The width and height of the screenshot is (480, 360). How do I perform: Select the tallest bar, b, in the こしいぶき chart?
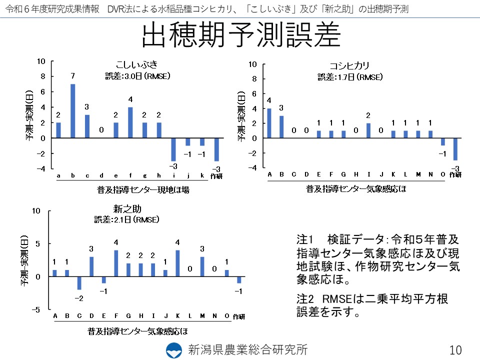point(72,111)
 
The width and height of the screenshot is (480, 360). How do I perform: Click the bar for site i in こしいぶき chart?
point(173,149)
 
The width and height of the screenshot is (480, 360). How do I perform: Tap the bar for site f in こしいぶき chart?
point(130,122)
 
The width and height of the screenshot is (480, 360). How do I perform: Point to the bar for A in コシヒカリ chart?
point(269,123)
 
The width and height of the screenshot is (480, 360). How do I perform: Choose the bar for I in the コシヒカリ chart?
point(368,130)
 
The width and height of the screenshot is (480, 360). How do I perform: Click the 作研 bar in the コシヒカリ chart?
point(455,149)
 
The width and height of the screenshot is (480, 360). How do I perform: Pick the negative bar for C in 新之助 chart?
point(79,282)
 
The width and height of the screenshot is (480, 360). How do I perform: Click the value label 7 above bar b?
point(72,76)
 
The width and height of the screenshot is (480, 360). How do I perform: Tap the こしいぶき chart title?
point(136,64)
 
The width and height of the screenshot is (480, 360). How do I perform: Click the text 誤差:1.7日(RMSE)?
point(350,77)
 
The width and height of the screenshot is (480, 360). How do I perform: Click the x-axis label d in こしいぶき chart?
point(101,175)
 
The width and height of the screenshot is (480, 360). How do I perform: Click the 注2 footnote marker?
point(304,299)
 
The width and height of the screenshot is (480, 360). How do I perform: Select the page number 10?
point(455,349)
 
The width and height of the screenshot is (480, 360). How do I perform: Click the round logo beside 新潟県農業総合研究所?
point(174,349)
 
